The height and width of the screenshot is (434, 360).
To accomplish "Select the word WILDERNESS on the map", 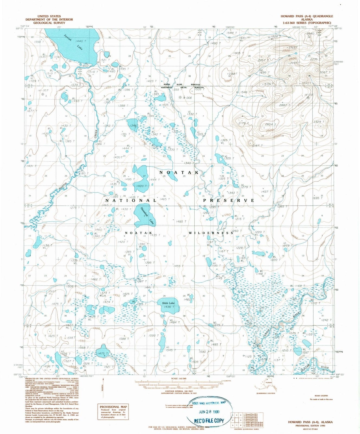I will point(211,233).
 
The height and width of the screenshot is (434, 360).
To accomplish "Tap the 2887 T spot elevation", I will point(285,105).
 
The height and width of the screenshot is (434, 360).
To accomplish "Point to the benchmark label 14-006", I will point(187,97).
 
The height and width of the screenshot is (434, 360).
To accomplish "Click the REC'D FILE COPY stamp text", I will point(209,421).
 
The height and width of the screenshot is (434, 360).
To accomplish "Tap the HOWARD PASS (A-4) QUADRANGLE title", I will point(307,16).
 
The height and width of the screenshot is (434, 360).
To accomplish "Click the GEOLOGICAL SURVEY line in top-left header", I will point(49,23).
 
